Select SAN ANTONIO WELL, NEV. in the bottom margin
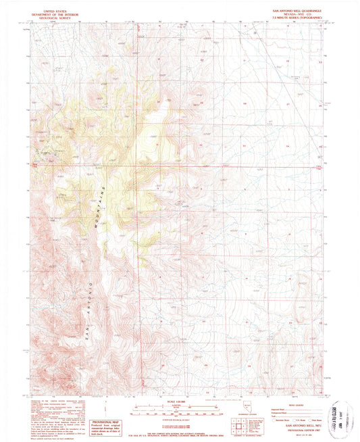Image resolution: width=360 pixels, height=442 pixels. [303, 424]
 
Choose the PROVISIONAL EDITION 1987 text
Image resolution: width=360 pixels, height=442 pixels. [303, 428]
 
